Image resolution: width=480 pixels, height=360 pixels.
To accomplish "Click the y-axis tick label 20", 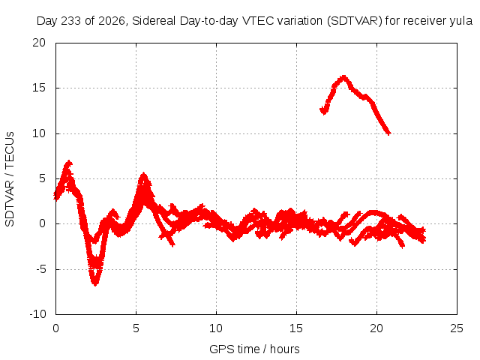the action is [39, 43].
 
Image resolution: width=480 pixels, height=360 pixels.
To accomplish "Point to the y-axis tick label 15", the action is [39, 88].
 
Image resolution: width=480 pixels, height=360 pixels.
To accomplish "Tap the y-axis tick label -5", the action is [40, 269].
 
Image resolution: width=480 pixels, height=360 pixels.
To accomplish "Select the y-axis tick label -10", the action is [37, 314].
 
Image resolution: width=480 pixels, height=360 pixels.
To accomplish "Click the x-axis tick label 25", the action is [457, 328].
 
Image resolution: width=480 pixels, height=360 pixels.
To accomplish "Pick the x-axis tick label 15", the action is [296, 328].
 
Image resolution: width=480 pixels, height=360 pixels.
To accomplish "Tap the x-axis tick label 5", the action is [136, 328].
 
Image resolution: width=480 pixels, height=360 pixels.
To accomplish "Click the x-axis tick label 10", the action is [216, 328].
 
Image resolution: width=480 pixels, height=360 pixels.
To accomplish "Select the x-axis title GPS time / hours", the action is [254, 349].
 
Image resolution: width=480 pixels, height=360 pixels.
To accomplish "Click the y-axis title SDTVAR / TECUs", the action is [10, 179].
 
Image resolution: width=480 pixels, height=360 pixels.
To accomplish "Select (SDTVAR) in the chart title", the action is [355, 21].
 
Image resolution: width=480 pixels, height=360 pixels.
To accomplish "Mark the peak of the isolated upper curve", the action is [343, 76].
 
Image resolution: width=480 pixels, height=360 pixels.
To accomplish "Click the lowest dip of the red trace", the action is [95, 283].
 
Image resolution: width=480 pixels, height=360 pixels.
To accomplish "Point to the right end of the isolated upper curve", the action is [389, 133].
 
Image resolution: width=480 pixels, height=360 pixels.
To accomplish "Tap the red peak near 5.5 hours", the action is [143, 175].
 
